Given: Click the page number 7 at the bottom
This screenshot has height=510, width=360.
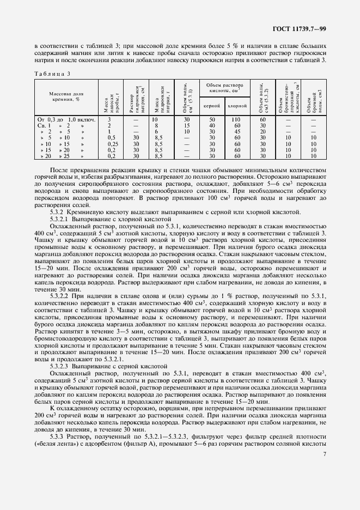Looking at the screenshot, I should click(325, 484).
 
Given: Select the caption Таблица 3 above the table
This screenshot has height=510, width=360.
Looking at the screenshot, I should click(53, 74).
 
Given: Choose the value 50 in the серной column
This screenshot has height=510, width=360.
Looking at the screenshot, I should click(212, 119).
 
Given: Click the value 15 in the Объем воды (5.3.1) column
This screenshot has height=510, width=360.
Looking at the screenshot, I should click(186, 125).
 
